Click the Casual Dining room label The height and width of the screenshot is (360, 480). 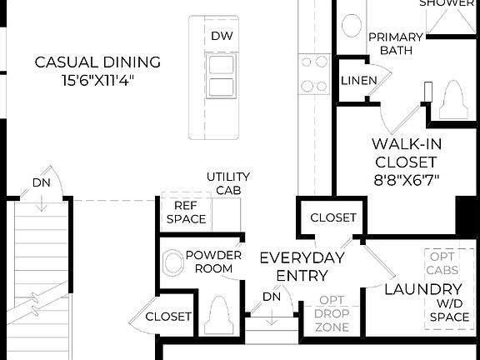pos(97,62)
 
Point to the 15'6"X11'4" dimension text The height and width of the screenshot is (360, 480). pos(97,80)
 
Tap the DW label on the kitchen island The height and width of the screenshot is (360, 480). pos(222,36)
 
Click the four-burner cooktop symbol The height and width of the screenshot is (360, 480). pos(314,73)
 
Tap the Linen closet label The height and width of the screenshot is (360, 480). pos(357,81)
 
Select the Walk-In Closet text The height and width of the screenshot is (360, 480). pos(406,152)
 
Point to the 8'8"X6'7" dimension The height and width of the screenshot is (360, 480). pos(406,179)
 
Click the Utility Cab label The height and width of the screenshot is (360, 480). pos(224,183)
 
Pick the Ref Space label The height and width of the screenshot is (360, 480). pos(185,213)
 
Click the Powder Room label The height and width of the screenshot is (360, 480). pos(213,262)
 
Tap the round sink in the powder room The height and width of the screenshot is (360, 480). pos(172,262)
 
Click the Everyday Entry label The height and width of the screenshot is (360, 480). pos(302,267)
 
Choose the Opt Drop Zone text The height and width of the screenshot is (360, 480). pos(332,313)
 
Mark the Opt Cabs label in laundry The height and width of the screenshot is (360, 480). pos(442,263)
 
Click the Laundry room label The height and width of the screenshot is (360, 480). pos(417,289)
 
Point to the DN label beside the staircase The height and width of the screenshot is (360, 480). pos(42,182)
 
